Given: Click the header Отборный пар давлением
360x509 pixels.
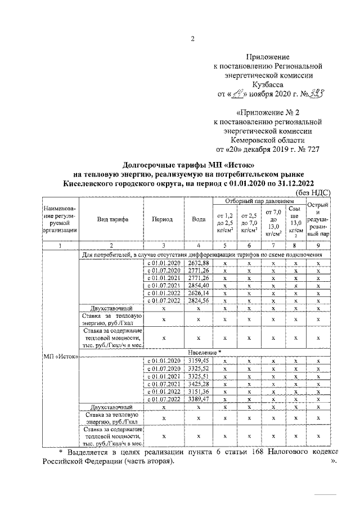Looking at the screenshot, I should [x=259, y=201].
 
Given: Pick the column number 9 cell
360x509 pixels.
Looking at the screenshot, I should [x=318, y=246].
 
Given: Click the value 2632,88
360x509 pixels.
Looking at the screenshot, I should [x=198, y=263].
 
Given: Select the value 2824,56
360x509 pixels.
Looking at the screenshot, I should [x=198, y=300].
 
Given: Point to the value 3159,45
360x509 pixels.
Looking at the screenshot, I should [x=198, y=360].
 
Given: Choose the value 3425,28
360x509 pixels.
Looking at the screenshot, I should [x=198, y=383].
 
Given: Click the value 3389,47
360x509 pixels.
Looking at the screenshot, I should [x=198, y=399].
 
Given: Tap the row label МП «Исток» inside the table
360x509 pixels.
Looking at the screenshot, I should [x=60, y=355].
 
